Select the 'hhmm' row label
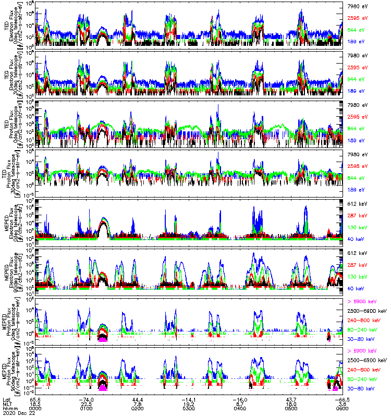[8, 409]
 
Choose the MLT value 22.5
[86, 404]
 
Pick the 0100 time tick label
[86, 409]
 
